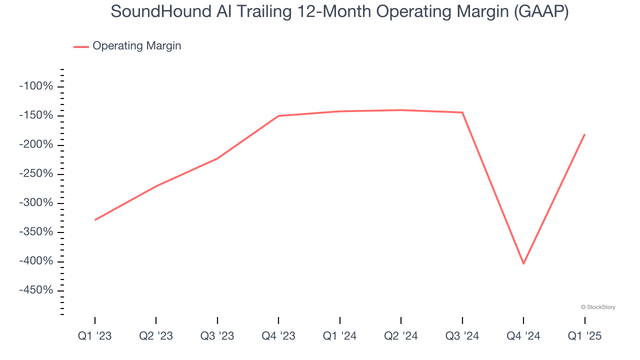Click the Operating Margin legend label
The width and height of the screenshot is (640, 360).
point(136,46)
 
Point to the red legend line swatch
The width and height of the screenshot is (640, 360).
point(81,46)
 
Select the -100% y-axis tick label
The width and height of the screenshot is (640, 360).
point(36,86)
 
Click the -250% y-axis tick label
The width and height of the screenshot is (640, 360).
point(36,174)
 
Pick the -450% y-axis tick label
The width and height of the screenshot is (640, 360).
point(36,290)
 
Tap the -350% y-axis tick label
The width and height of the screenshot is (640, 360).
point(36,232)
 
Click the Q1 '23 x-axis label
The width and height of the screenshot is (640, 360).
point(95,336)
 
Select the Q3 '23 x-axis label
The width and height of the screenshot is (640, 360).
point(217,336)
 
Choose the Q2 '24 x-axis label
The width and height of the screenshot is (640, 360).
point(401,336)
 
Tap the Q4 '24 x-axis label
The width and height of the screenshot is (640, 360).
point(523,336)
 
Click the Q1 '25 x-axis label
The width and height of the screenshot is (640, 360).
point(584,336)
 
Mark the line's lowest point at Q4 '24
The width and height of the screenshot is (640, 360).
point(523,263)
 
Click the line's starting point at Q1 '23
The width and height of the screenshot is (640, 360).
point(95,220)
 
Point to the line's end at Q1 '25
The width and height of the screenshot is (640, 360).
point(584,134)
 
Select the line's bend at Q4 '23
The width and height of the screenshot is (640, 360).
point(278,116)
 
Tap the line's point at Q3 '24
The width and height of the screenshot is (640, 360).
point(462,112)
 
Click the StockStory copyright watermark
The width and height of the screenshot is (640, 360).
point(598,307)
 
